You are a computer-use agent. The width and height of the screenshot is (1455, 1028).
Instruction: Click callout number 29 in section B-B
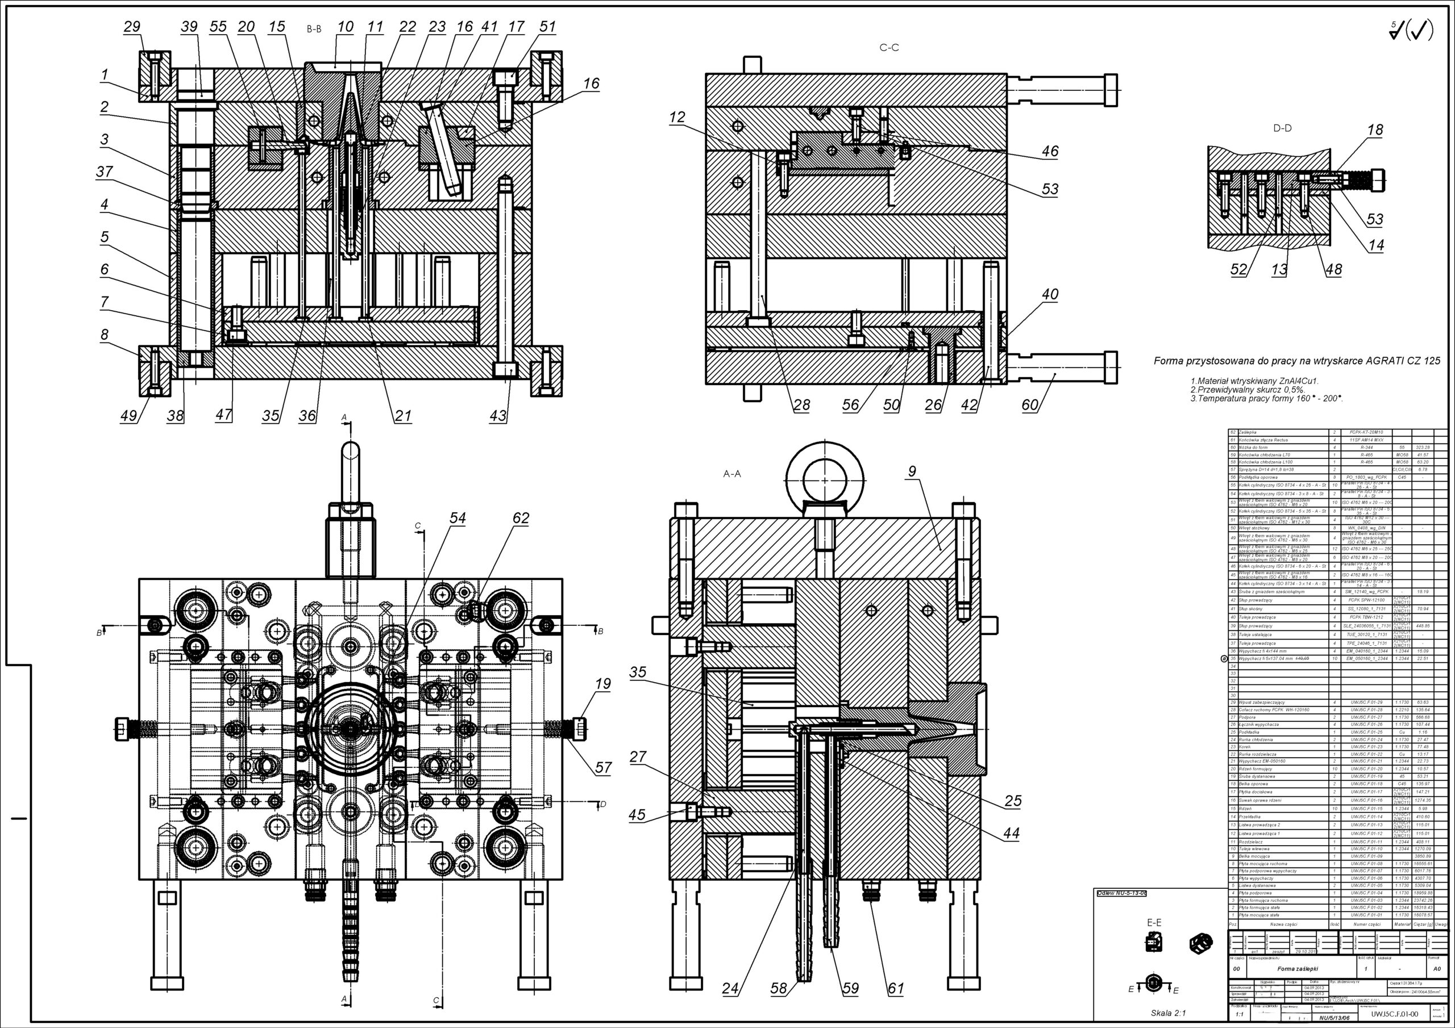tap(132, 27)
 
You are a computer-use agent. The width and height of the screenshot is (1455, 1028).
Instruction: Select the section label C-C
tap(889, 48)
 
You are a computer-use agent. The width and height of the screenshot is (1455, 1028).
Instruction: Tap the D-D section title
tap(1282, 128)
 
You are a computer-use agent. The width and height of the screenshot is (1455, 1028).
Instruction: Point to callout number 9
tap(912, 471)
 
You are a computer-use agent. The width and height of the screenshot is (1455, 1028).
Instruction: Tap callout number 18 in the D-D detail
tap(1374, 130)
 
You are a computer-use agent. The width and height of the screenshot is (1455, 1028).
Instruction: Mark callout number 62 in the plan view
tap(520, 518)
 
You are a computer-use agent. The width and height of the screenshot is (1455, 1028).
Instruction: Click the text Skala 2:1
tap(1168, 1013)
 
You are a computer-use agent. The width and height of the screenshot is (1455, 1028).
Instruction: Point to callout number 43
tap(498, 416)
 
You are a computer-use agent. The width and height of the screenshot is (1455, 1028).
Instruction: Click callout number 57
tap(602, 768)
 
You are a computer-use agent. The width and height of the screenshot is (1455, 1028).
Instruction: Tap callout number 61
tap(895, 988)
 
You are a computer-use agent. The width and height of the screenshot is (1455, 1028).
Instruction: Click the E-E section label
tap(1154, 922)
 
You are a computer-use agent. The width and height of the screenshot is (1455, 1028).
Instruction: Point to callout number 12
tap(677, 117)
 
